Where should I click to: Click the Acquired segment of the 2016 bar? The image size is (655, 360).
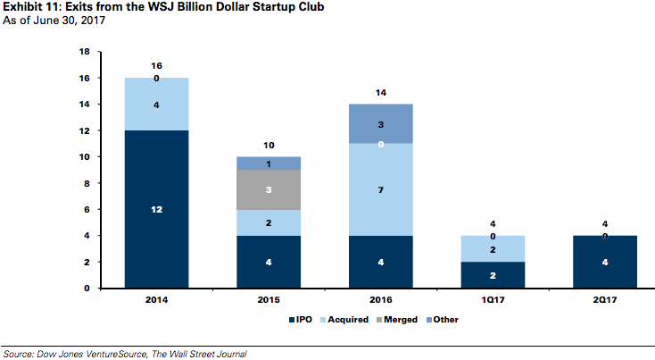click(380, 189)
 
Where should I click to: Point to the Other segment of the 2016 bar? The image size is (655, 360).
click(380, 124)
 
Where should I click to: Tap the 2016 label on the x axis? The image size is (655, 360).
click(380, 301)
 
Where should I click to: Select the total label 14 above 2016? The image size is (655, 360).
click(380, 92)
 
